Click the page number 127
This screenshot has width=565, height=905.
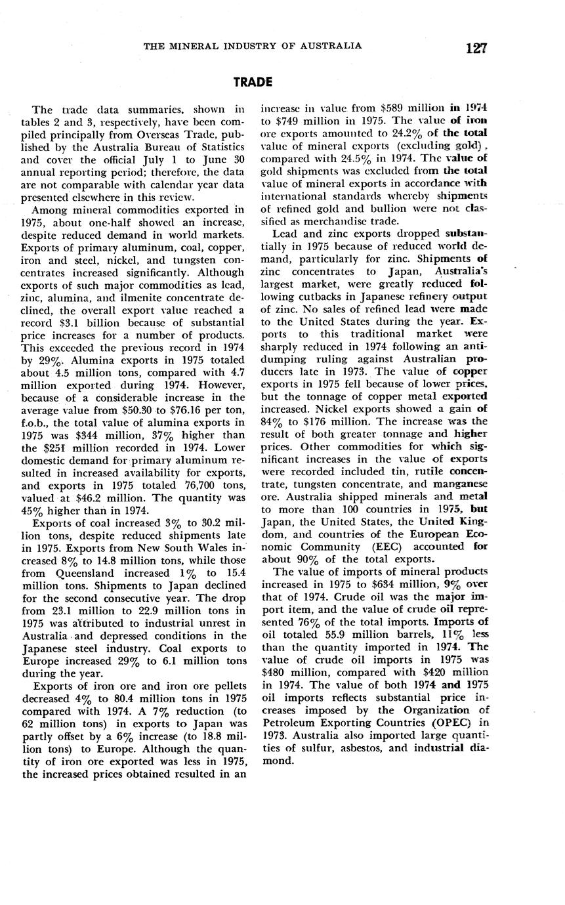476,48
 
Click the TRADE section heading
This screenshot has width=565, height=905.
253,82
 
